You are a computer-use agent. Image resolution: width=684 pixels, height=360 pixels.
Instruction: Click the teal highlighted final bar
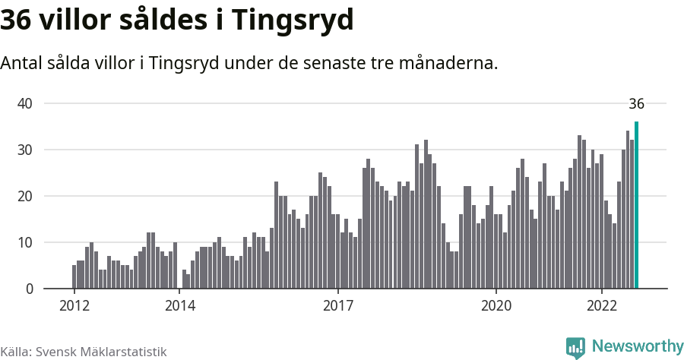(637, 205)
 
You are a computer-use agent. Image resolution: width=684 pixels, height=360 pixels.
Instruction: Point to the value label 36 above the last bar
(637, 104)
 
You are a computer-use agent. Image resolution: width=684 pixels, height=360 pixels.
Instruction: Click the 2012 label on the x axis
(74, 305)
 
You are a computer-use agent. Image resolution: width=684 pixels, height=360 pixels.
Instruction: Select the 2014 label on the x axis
(179, 305)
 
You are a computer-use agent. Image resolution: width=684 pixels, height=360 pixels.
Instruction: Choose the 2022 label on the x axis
(601, 305)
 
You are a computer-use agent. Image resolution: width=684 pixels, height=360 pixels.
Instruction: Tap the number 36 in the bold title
(16, 21)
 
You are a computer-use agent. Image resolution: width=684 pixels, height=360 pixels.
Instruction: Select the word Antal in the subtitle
(21, 63)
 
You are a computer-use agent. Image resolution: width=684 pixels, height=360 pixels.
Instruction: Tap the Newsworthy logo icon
(575, 347)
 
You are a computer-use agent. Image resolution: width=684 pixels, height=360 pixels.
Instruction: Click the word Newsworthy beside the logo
(637, 346)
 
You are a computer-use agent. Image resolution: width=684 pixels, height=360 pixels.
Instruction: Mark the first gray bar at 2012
(74, 276)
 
